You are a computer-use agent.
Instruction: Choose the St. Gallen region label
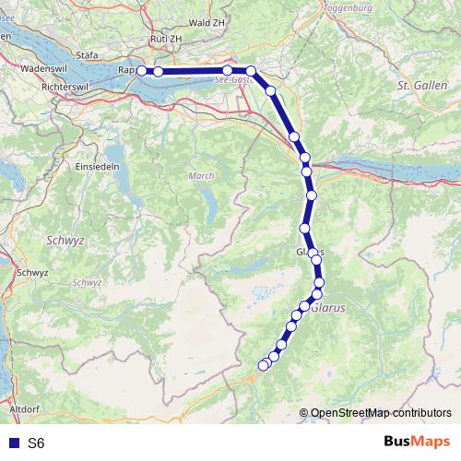(415, 85)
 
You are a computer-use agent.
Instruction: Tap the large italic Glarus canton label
(328, 310)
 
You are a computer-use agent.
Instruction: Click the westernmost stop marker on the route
(141, 71)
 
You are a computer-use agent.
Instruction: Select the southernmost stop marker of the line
(263, 366)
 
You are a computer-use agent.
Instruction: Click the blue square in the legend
(12, 443)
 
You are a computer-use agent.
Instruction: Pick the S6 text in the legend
(36, 443)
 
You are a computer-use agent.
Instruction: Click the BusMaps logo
(416, 442)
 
